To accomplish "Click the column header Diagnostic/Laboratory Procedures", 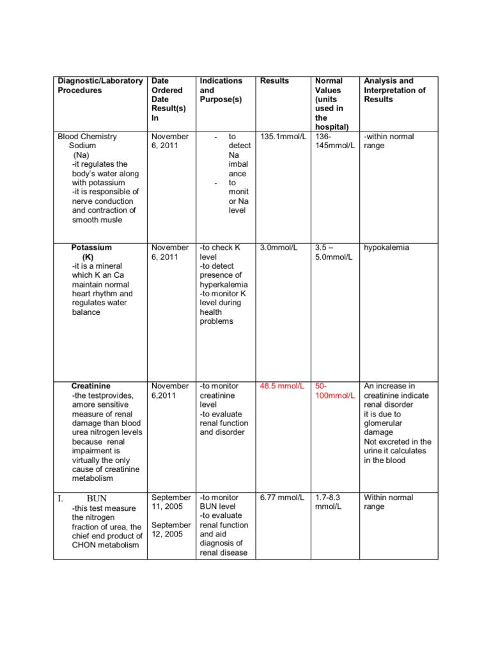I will click(100, 86).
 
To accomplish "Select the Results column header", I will click(274, 81).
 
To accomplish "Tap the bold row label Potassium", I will click(91, 248).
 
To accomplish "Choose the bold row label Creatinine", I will click(91, 386).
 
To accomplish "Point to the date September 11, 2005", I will click(171, 502).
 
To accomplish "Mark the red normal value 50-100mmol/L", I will click(334, 391).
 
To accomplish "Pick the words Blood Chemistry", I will click(88, 137).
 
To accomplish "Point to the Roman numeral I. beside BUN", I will click(60, 498).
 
